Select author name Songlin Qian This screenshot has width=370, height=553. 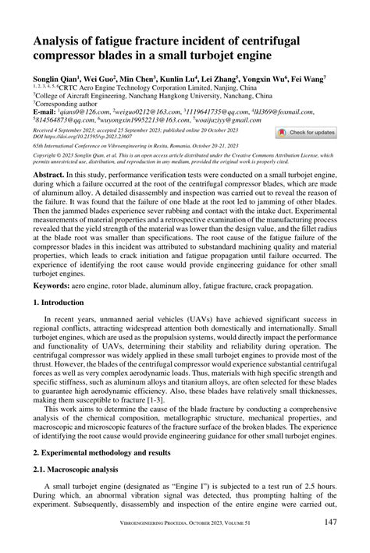click(x=55, y=80)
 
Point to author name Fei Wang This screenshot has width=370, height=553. click(x=309, y=80)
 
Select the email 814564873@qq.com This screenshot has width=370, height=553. click(x=66, y=120)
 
